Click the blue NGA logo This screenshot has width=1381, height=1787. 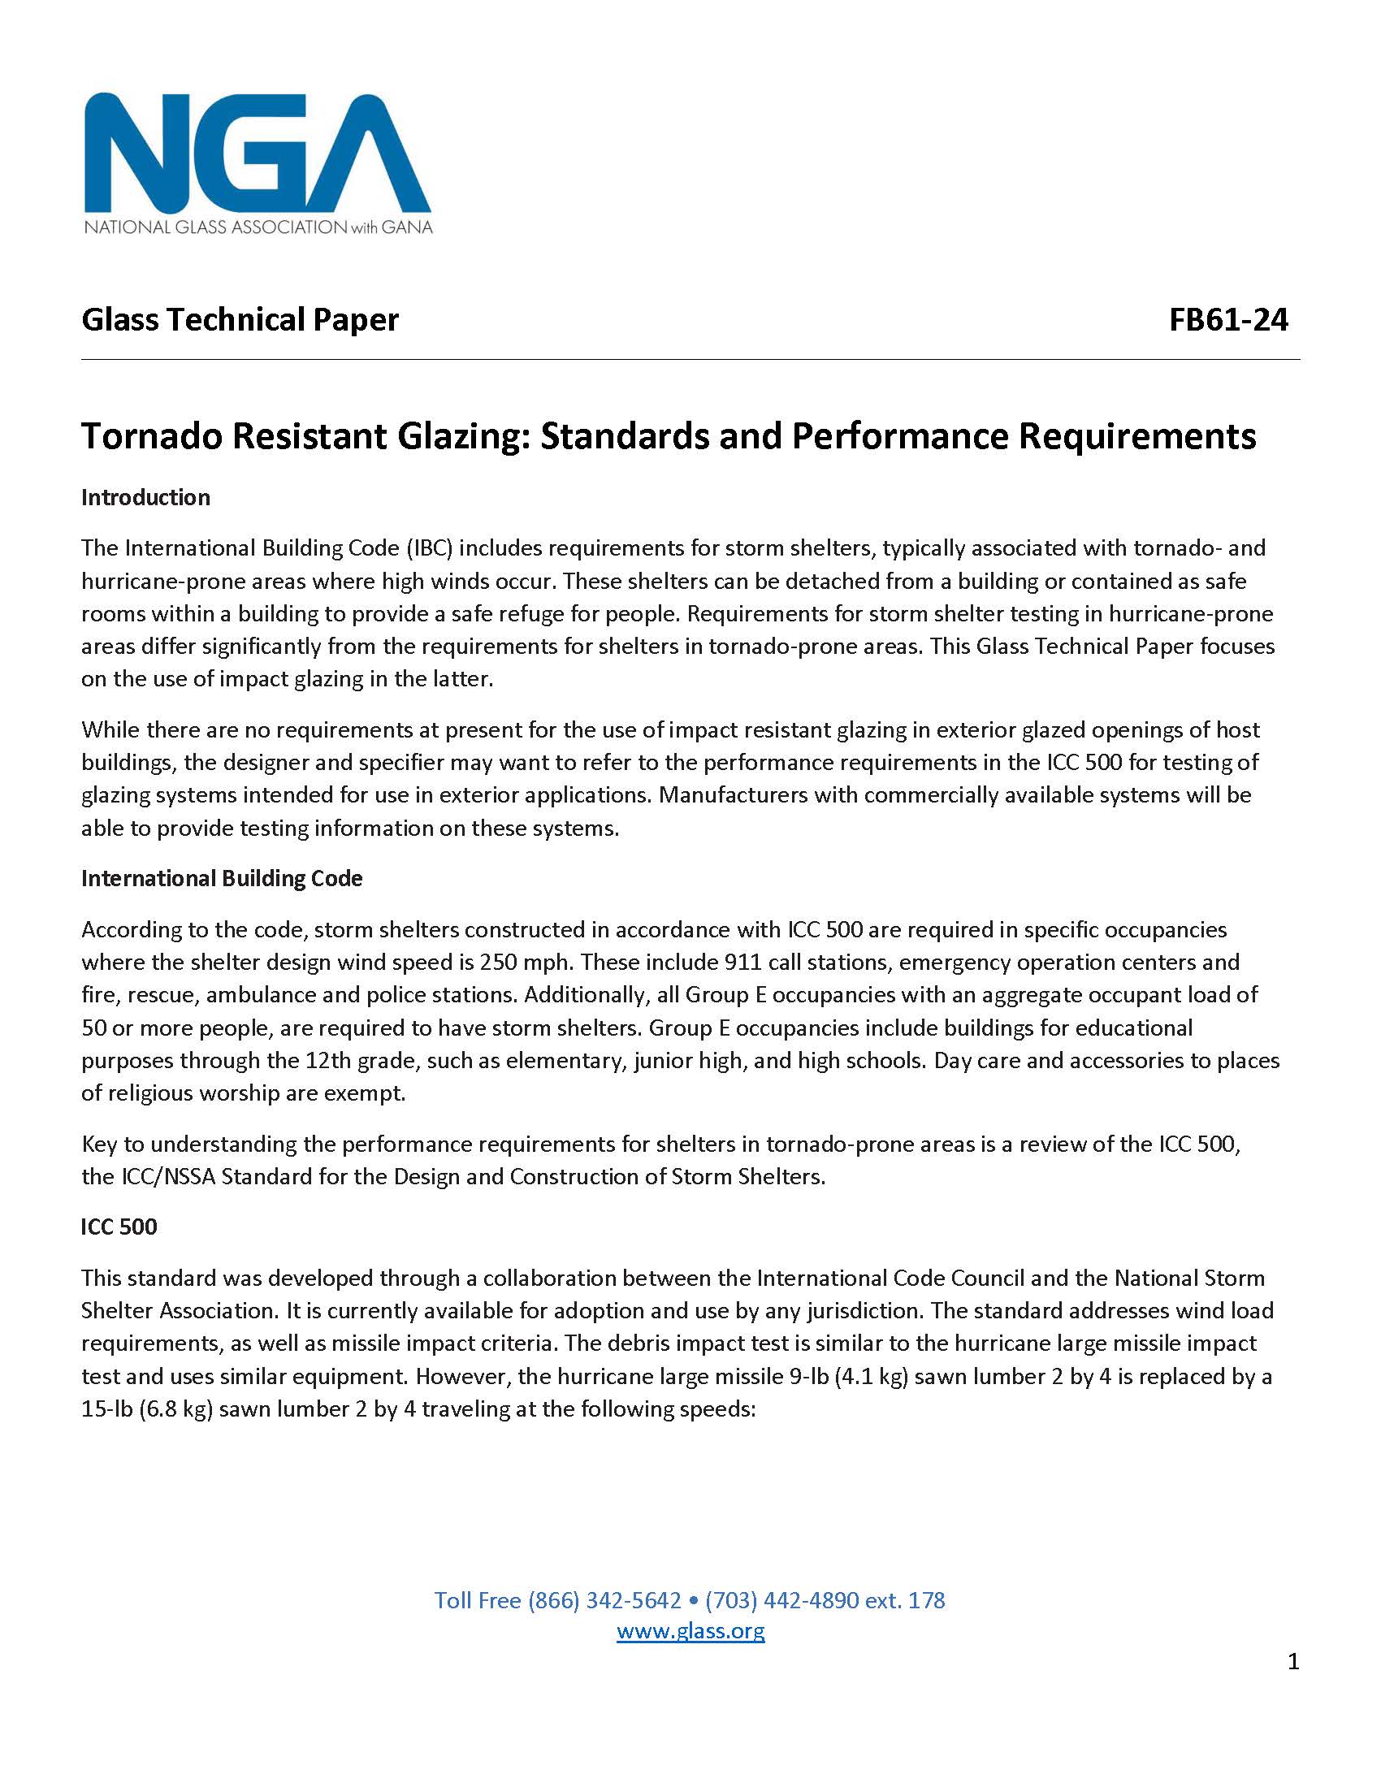click(257, 153)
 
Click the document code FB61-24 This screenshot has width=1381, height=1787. click(1228, 320)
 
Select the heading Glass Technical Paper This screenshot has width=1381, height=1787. click(240, 320)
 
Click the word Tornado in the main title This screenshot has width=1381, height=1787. click(150, 436)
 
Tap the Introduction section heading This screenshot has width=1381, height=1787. click(145, 497)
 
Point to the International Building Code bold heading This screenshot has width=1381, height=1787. click(222, 879)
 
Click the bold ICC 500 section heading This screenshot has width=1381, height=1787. click(119, 1227)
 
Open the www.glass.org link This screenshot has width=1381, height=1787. click(690, 1631)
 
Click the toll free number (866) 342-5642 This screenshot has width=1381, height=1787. click(604, 1599)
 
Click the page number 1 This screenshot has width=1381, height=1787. click(1292, 1661)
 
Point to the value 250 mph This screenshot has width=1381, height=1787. click(524, 963)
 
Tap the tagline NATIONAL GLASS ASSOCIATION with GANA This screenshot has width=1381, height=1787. click(258, 227)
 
